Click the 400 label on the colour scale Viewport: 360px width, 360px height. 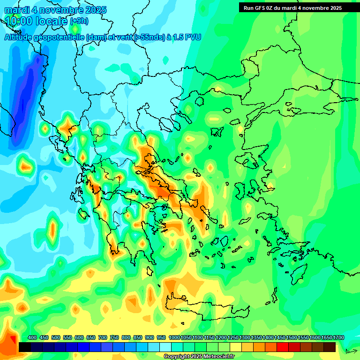[32, 337]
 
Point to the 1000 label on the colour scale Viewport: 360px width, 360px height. [174, 337]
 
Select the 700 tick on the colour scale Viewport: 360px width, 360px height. [103, 337]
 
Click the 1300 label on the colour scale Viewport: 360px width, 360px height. [245, 337]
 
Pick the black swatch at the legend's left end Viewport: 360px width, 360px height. [25, 347]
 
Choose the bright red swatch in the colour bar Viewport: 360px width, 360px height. [283, 347]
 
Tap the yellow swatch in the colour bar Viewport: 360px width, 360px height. [236, 347]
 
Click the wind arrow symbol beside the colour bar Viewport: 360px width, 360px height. [351, 351]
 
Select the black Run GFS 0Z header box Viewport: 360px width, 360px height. [299, 7]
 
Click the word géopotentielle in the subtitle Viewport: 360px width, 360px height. [61, 37]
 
